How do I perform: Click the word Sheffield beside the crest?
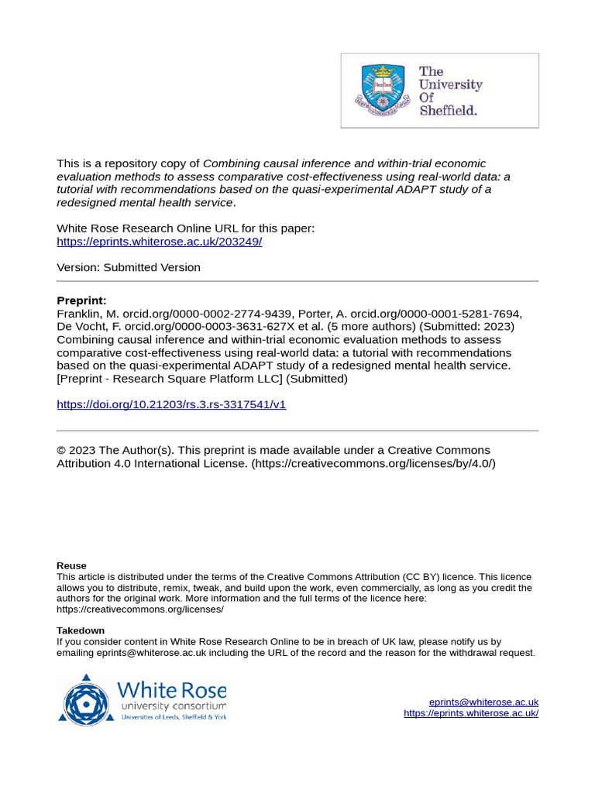pos(448,110)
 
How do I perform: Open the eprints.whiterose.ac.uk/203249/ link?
pos(160,242)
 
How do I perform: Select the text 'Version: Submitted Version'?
pos(129,267)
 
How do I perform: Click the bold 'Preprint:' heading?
pos(81,300)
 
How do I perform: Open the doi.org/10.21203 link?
pos(171,404)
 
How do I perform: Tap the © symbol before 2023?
pos(62,451)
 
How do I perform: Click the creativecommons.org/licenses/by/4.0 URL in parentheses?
pos(373,463)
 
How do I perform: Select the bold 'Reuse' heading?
pos(71,565)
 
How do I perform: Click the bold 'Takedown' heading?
pos(81,630)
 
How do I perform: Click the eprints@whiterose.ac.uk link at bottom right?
pos(483,702)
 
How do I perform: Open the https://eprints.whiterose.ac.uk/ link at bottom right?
pos(471,713)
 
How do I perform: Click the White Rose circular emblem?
pos(86,699)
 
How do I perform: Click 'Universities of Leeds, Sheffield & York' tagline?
pos(174,717)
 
